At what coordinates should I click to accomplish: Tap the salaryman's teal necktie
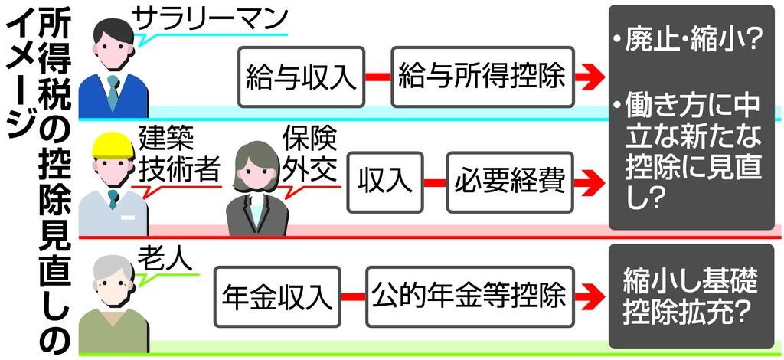[113, 93]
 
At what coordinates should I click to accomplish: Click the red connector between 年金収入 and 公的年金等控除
[352, 296]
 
